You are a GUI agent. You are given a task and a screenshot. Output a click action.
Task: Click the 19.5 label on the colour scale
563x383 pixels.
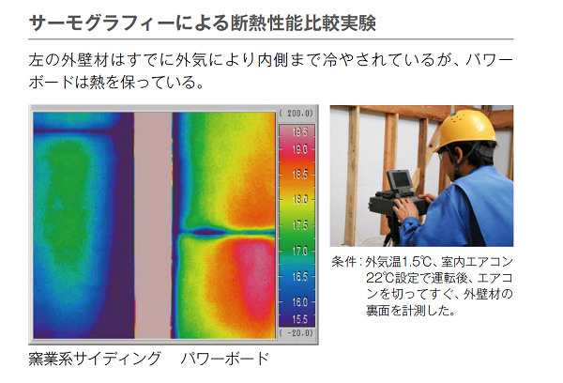[300, 131]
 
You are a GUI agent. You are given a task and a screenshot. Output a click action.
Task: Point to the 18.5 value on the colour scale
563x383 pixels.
[300, 175]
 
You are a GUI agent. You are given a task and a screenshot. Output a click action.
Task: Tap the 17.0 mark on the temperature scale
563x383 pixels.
[300, 251]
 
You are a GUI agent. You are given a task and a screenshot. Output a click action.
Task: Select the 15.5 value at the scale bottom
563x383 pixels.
[300, 319]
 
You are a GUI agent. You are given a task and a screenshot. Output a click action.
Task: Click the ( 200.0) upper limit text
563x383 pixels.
[297, 114]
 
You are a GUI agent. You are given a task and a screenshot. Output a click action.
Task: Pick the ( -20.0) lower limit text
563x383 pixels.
[297, 332]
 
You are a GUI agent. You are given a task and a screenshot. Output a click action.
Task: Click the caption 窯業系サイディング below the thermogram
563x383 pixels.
[95, 359]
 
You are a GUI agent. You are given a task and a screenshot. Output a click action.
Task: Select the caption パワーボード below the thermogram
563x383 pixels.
[225, 359]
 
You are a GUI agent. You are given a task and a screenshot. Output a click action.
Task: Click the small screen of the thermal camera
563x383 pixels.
[400, 179]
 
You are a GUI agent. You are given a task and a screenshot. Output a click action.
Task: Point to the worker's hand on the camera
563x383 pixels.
[405, 207]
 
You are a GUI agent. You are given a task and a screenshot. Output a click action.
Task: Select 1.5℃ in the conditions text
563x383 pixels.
[416, 262]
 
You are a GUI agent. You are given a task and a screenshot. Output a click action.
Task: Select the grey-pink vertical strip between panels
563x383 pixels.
[153, 225]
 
